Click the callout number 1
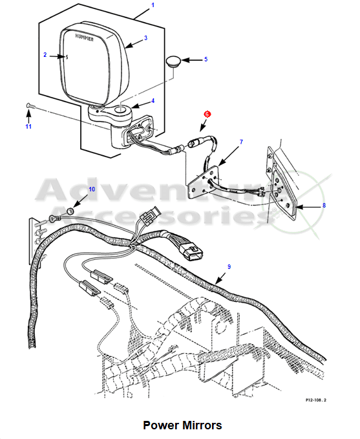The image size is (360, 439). point(153,5)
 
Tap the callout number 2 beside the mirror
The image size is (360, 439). point(45,55)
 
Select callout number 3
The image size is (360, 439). point(145,38)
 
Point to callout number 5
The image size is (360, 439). point(206,59)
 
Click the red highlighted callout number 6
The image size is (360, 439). point(207,114)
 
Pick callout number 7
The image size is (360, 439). point(241,142)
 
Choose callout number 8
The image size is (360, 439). point(324,206)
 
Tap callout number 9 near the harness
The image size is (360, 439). point(229,267)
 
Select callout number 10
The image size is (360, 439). point(92,189)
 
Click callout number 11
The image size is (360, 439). point(28,127)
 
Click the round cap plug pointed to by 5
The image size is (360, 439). point(174,61)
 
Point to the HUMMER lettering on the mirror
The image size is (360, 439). point(84,37)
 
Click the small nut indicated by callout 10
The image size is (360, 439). point(69,210)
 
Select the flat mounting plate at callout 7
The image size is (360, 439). point(204,182)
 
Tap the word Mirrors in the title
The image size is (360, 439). point(202,425)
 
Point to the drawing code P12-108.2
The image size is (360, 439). point(316,400)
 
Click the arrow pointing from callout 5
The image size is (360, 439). point(192,60)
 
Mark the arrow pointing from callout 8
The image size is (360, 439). point(308,207)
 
